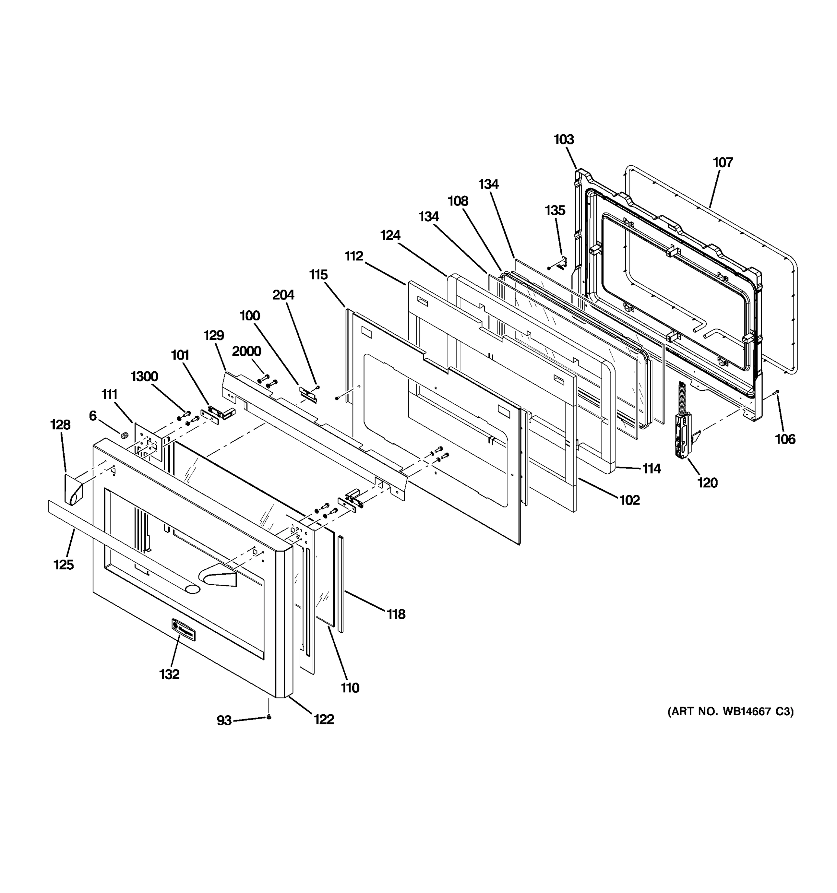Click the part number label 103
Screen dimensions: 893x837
coord(564,140)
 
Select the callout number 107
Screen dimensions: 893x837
coord(723,162)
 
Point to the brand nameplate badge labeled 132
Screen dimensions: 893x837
coord(183,629)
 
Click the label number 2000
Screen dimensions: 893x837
coord(247,351)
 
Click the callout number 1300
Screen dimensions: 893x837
coord(144,377)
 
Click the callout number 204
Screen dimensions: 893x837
coord(283,295)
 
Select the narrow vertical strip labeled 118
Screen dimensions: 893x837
coord(340,584)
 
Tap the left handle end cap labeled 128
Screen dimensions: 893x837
coord(74,490)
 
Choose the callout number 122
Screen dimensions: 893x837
coord(324,720)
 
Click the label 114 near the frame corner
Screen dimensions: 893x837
coord(651,469)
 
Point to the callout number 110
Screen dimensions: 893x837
coord(350,688)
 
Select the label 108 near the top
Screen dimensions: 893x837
coord(458,201)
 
